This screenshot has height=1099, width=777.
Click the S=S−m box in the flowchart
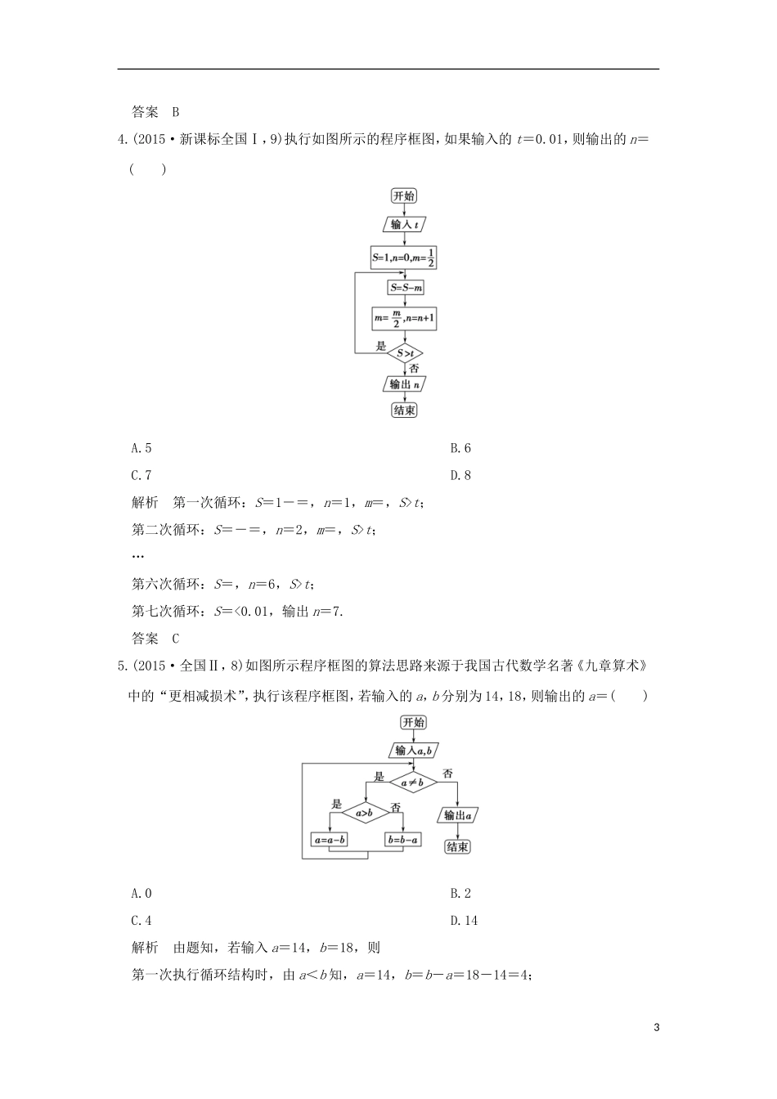click(x=406, y=287)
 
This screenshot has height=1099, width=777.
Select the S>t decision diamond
click(x=406, y=353)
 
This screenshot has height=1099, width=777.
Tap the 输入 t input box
click(x=405, y=225)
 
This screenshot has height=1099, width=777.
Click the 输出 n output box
click(x=406, y=384)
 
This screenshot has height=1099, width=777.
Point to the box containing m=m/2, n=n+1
click(x=406, y=319)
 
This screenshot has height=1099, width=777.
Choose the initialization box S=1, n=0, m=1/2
click(x=403, y=258)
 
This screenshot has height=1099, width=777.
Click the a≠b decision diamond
click(x=412, y=783)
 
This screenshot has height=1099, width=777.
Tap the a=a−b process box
click(x=330, y=840)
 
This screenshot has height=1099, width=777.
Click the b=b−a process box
click(x=402, y=840)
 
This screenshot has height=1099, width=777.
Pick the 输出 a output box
click(x=458, y=815)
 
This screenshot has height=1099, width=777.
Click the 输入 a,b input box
click(x=413, y=751)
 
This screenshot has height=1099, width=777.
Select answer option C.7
click(x=141, y=475)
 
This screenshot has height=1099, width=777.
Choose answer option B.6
click(x=460, y=448)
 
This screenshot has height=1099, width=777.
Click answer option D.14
click(x=464, y=920)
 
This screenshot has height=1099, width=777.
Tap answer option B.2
click(x=460, y=893)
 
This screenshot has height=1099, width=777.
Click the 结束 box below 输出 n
click(x=405, y=410)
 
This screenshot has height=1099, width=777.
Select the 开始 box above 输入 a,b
click(x=413, y=722)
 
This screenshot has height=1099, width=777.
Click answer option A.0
click(x=141, y=893)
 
